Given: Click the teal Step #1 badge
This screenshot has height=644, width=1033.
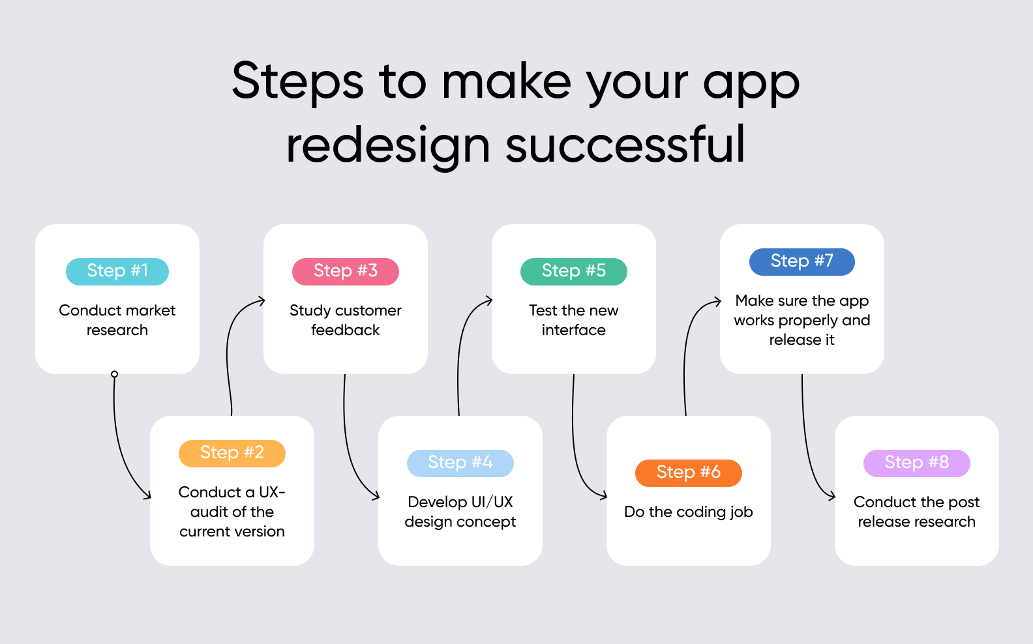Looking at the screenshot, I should tap(117, 271).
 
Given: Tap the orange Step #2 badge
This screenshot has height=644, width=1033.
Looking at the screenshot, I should tap(232, 453).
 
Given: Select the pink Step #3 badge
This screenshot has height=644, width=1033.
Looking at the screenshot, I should tap(346, 271).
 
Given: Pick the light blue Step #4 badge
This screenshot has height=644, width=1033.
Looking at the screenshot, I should tap(460, 463).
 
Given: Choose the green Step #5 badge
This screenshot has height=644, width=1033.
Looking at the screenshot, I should tap(574, 271).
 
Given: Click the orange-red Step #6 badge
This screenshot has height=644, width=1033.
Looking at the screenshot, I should tap(689, 473).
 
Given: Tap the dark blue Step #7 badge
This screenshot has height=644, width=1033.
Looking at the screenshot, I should tap(802, 261).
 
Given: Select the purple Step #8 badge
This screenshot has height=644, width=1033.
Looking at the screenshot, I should tap(917, 463).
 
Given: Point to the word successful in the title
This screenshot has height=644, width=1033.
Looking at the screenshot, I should tap(625, 145).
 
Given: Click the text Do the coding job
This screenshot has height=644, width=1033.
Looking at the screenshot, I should tap(689, 512).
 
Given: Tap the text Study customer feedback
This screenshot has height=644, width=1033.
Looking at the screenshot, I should tap(346, 320).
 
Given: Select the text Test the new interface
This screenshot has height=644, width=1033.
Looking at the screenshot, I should tap(574, 320).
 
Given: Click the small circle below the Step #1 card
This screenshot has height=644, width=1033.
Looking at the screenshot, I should tap(115, 374).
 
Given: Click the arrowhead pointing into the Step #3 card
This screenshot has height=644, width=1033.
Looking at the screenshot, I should tap(262, 301).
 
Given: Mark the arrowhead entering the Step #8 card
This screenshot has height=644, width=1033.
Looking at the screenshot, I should tap(832, 497).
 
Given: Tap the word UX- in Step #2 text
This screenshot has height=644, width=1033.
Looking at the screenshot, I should tap(273, 492).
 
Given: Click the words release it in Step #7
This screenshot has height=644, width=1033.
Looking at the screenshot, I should tap(802, 340).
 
